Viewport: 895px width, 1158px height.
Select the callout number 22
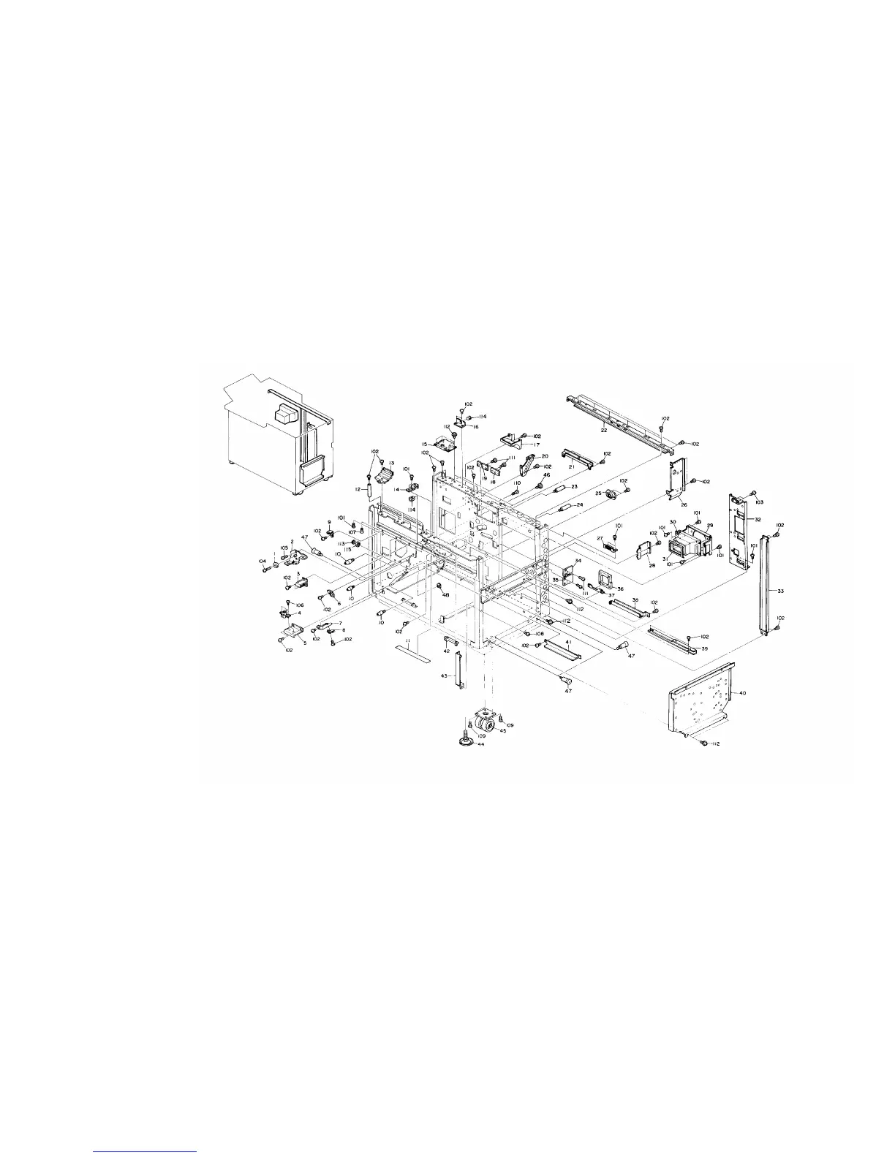coord(604,431)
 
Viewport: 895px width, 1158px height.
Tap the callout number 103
coord(760,502)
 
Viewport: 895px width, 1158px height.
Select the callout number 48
coord(445,594)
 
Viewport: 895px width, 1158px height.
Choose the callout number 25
coord(598,494)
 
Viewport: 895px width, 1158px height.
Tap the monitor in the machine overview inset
coord(282,415)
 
